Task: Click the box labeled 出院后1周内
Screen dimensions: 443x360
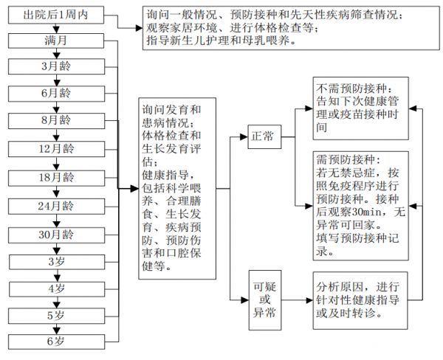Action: [x=56, y=15]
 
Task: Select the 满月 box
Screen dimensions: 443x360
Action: [x=56, y=41]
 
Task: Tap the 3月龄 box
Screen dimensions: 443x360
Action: [x=56, y=66]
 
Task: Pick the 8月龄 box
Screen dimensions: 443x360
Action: [x=56, y=120]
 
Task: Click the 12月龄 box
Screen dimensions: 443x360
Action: [x=56, y=149]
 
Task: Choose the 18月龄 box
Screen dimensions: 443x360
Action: [x=56, y=178]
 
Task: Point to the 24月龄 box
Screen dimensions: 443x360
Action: [x=56, y=206]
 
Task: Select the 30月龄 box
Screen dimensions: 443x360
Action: [x=56, y=235]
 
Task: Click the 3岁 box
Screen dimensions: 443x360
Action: [x=57, y=262]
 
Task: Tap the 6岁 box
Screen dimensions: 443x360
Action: [x=56, y=342]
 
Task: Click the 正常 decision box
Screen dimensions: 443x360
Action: [x=264, y=136]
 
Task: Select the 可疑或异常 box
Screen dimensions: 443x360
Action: [x=265, y=300]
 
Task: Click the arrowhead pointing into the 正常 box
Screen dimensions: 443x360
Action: [x=244, y=137]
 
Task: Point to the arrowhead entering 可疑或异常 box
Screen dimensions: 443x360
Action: [x=245, y=300]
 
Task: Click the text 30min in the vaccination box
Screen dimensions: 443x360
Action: [x=371, y=212]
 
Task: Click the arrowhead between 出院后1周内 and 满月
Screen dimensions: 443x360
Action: [x=56, y=30]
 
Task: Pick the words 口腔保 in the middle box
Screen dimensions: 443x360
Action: [x=183, y=253]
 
